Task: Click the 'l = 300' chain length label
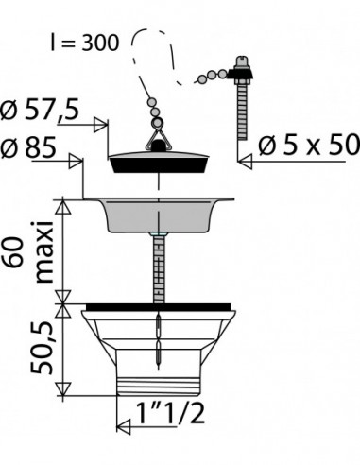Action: (x=85, y=43)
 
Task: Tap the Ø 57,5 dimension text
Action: (x=40, y=110)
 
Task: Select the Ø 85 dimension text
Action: (x=28, y=147)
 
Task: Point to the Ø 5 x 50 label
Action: (x=309, y=146)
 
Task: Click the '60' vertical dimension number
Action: (x=13, y=252)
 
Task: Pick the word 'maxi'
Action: (x=43, y=252)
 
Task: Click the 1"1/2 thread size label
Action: (x=170, y=413)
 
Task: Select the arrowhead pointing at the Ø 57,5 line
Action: (x=101, y=125)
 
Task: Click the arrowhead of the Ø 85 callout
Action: (x=76, y=161)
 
